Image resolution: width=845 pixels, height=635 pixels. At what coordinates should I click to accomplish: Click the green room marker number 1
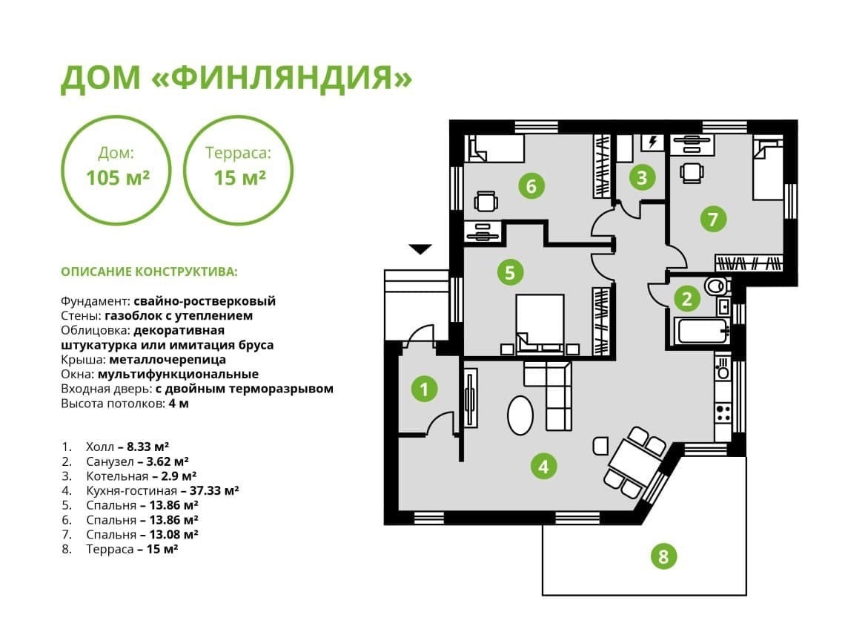(x=424, y=388)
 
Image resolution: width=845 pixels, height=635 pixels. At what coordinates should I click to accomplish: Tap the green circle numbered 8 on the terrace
(x=663, y=555)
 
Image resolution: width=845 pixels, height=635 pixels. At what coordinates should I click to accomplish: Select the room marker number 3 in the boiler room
(x=642, y=177)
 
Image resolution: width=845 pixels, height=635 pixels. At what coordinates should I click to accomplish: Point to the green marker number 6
(x=531, y=185)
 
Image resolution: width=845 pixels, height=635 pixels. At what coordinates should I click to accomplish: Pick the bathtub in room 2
(x=702, y=330)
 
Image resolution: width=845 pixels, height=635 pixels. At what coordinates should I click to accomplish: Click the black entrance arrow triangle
(x=420, y=249)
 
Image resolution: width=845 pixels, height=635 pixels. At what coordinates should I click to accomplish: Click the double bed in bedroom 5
(x=540, y=320)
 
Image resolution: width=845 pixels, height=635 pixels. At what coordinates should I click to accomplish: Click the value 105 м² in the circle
(x=118, y=178)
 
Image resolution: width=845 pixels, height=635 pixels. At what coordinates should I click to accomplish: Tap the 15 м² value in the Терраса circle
(x=239, y=178)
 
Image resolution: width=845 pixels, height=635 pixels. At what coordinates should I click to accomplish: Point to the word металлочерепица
(x=179, y=360)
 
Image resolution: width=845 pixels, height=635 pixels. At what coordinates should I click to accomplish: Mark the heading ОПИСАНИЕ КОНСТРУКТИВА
(x=149, y=272)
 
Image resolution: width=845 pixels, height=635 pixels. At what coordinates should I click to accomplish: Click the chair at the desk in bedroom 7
(x=692, y=171)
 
